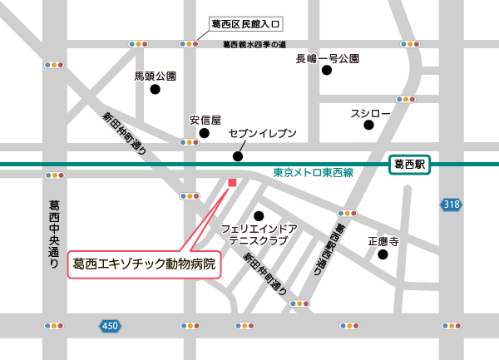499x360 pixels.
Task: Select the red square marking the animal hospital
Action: (232, 182)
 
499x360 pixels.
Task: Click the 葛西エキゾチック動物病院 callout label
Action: (143, 264)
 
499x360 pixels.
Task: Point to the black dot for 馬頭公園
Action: (155, 90)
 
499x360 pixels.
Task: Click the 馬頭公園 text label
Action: (156, 76)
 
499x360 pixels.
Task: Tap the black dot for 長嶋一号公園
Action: (327, 72)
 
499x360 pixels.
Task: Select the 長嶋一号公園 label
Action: (328, 59)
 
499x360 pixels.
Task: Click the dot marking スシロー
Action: (369, 126)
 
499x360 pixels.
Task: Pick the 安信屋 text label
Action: (205, 120)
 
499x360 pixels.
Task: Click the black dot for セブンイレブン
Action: (238, 155)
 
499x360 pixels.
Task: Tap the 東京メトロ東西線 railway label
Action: (314, 173)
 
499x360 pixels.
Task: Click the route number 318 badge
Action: (451, 205)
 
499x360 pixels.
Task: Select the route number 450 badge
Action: (110, 326)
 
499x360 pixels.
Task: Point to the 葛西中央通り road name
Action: (55, 235)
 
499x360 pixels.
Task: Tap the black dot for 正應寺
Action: (383, 254)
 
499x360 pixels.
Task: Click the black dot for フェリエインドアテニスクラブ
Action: (259, 215)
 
